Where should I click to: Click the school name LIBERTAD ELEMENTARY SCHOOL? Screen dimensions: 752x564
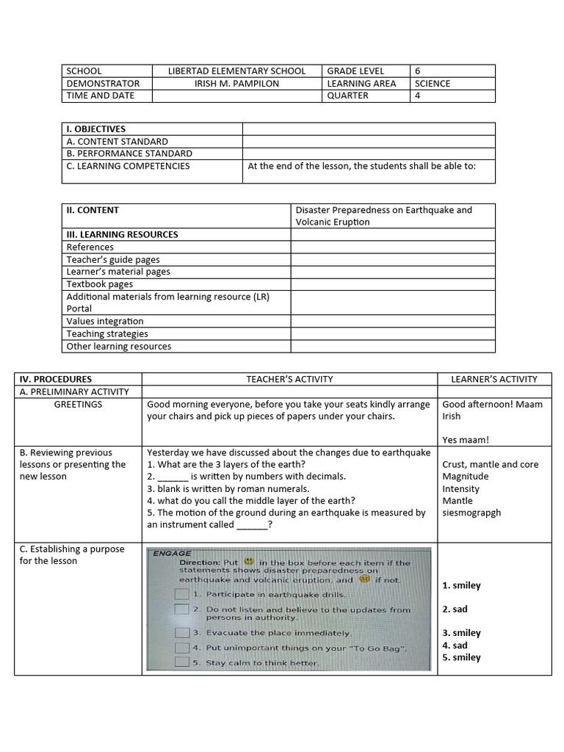click(x=236, y=71)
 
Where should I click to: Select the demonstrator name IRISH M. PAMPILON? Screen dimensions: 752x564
click(x=236, y=84)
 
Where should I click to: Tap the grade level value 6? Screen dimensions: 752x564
click(x=418, y=71)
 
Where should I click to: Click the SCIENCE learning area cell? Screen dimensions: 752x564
click(x=433, y=84)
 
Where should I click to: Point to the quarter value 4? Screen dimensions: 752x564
click(x=418, y=95)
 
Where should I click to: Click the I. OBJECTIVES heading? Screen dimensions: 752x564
click(x=95, y=129)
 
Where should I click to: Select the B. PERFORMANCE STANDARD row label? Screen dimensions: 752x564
click(x=129, y=153)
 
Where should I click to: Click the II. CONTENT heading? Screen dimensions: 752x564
click(x=93, y=210)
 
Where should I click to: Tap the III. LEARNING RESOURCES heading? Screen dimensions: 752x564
click(x=122, y=234)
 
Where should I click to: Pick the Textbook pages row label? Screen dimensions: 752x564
click(x=100, y=284)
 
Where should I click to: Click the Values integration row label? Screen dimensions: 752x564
click(x=105, y=321)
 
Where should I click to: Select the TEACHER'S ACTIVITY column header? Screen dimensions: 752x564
click(x=289, y=380)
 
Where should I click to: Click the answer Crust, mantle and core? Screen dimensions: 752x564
click(x=490, y=465)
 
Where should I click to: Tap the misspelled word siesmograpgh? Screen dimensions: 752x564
click(x=471, y=513)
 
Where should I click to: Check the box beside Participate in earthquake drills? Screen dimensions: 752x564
click(x=181, y=593)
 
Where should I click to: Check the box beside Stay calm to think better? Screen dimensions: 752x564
click(x=181, y=662)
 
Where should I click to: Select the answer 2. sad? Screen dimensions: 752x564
click(x=455, y=610)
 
